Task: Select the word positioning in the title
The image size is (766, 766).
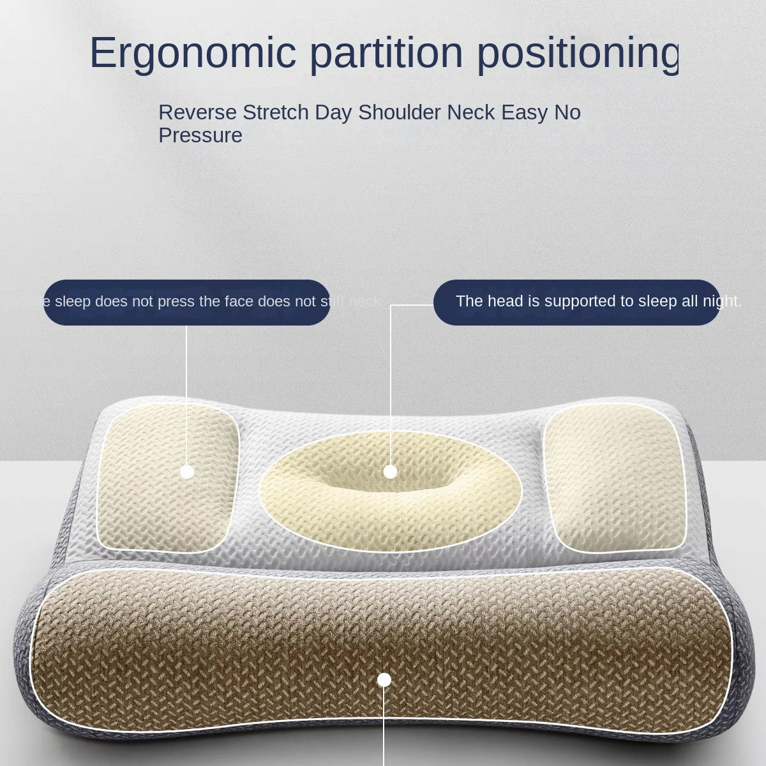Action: pos(577,54)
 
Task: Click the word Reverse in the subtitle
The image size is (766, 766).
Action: pos(197,112)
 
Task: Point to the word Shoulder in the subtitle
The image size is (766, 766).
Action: pos(400,112)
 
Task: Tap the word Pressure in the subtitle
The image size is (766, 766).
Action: pos(200,135)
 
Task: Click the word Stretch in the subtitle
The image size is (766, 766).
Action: pos(275,112)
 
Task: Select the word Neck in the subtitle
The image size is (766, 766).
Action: pos(470,112)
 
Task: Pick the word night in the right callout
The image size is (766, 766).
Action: pos(721,301)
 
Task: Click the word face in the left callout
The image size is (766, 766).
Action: pos(239,301)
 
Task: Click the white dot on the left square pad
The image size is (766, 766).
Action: pos(187,472)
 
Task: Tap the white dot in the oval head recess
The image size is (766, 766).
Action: pos(391,472)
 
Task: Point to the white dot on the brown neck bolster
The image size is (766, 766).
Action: pos(384,680)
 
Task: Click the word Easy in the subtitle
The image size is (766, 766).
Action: pos(523,112)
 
